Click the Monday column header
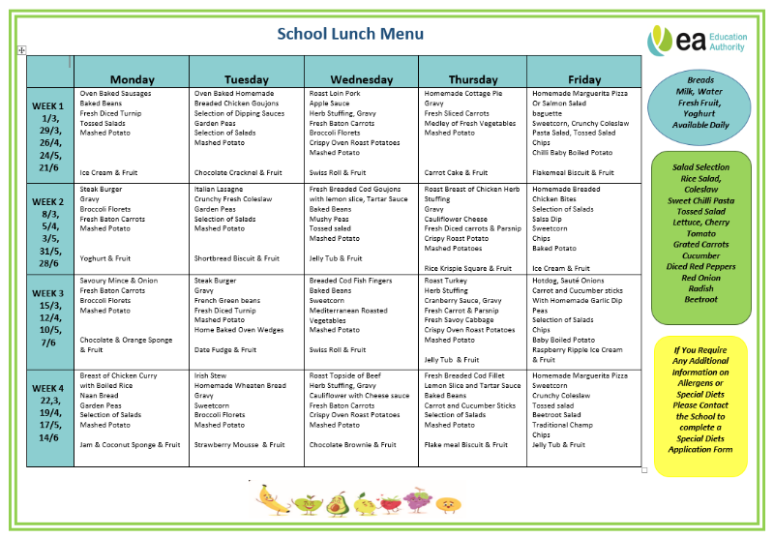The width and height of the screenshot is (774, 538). [x=132, y=79]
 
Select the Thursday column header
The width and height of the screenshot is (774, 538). [x=473, y=79]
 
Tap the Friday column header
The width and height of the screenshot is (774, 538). [x=584, y=79]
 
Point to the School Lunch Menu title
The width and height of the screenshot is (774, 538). [x=350, y=34]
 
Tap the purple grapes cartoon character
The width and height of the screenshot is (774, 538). [x=417, y=500]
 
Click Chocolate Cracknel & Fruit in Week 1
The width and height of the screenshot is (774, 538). [x=236, y=172]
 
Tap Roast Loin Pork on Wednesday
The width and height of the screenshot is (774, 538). [x=335, y=94]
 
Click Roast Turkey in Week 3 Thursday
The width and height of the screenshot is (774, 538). [x=446, y=281]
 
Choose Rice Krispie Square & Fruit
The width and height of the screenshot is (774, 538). [x=468, y=268]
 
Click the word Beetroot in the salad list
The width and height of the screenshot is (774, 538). [x=700, y=299]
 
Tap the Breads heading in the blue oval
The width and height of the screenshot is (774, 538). [x=700, y=79]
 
